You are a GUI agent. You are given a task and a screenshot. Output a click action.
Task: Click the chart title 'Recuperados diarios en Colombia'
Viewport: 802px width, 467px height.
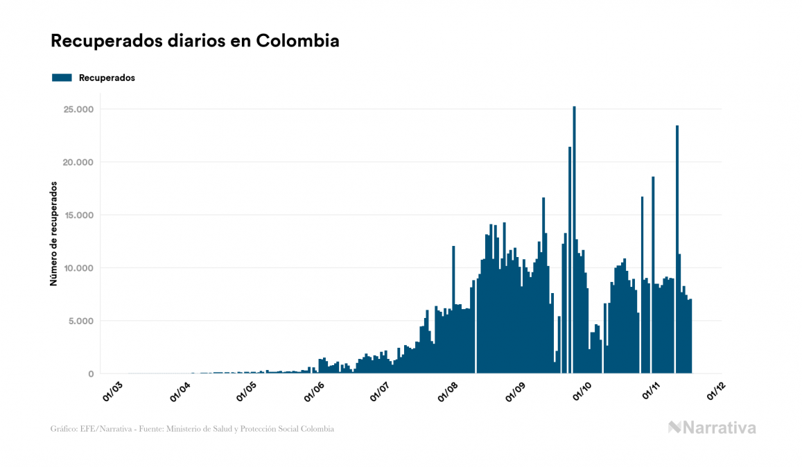[195, 41]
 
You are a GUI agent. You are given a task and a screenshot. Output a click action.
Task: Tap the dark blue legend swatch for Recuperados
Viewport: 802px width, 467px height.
[62, 78]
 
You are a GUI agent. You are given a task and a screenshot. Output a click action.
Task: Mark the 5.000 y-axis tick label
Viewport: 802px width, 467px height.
[79, 321]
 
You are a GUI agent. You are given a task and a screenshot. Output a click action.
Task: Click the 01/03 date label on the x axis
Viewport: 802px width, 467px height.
[112, 391]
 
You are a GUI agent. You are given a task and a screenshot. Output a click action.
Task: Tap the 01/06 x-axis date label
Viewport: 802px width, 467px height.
[314, 391]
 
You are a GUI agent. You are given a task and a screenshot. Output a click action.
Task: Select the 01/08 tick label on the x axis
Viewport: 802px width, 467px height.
[448, 391]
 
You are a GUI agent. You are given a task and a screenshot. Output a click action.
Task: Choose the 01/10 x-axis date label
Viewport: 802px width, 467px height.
[583, 391]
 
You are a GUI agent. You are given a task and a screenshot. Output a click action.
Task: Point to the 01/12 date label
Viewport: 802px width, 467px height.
[717, 391]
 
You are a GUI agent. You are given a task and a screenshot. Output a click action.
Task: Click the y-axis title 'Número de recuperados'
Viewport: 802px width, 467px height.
[53, 233]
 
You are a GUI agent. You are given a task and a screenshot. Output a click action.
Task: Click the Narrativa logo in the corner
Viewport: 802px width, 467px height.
[712, 428]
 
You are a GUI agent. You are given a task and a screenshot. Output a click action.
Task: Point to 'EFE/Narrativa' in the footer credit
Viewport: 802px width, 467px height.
[103, 429]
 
